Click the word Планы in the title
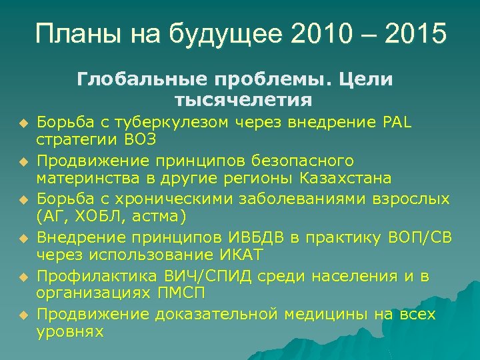(x=75, y=33)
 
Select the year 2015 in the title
(x=418, y=33)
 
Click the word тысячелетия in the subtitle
(x=243, y=100)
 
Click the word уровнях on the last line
(x=71, y=332)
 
